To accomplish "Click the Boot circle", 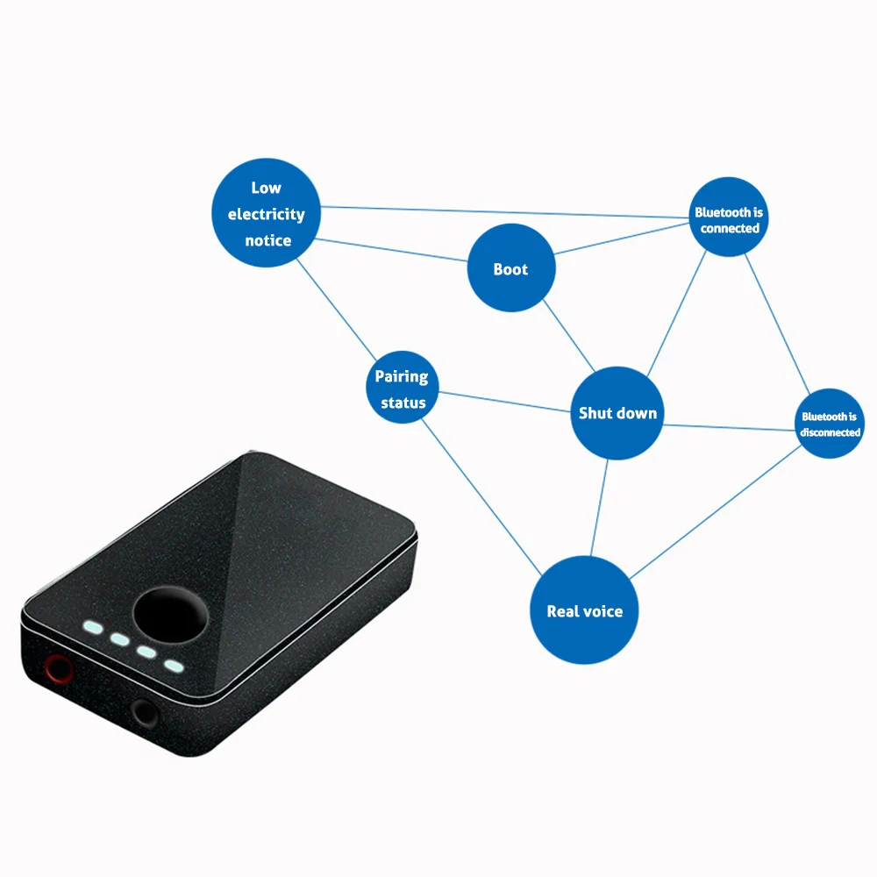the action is [x=511, y=267].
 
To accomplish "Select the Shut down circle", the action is [x=617, y=413].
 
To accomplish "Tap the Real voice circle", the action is [x=584, y=610].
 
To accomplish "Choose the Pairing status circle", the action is [x=403, y=387].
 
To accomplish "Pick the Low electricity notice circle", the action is [x=267, y=212].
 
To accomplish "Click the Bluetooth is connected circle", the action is [x=729, y=217].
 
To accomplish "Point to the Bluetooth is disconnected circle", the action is [x=830, y=424].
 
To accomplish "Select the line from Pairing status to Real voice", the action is [x=481, y=497].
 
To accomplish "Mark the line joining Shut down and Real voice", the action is [x=599, y=508].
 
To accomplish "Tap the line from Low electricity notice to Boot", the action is [x=391, y=250].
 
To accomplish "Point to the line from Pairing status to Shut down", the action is [x=504, y=402].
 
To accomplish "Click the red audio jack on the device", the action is [x=58, y=668].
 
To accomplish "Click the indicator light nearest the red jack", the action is [x=94, y=628].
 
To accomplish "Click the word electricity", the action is [x=267, y=214].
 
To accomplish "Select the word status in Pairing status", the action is [x=403, y=403].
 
